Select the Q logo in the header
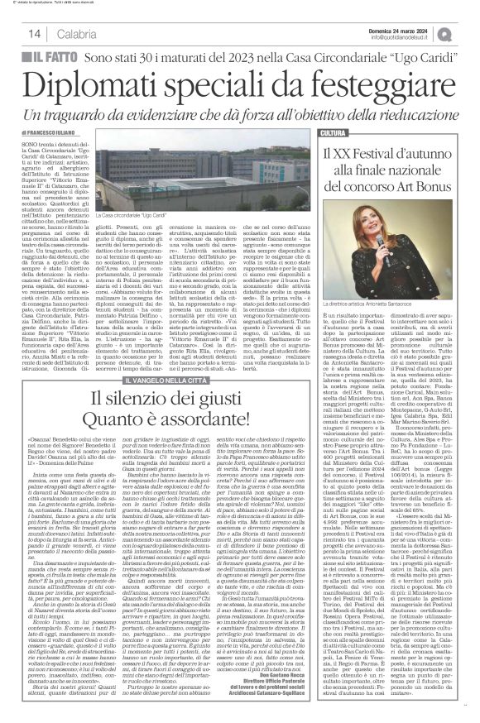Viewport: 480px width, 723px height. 468,32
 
